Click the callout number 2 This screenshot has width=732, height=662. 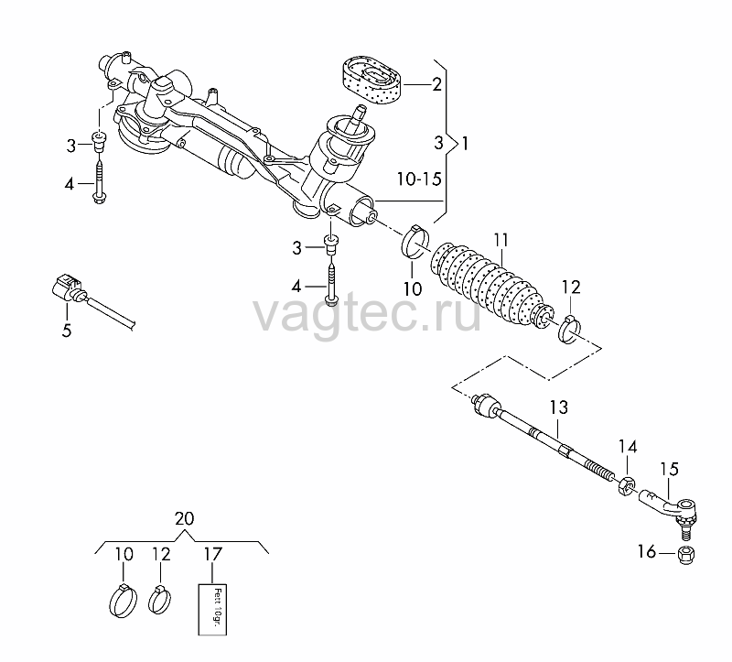click(436, 84)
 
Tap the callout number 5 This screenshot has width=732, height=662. click(67, 331)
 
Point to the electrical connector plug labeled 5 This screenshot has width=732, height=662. click(69, 288)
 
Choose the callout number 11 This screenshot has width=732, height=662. click(501, 241)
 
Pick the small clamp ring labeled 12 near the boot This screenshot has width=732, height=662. click(569, 330)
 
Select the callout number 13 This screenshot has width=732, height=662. click(558, 407)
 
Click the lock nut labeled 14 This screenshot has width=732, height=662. click(626, 486)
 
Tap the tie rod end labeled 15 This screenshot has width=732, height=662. click(670, 511)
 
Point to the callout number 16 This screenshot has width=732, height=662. click(647, 552)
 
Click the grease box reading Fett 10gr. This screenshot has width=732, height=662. click(213, 610)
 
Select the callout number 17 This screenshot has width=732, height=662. click(213, 555)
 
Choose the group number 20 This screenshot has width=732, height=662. click(184, 518)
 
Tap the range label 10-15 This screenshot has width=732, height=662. click(419, 179)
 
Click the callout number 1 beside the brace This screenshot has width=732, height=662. click(465, 144)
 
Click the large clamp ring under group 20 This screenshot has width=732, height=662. click(124, 601)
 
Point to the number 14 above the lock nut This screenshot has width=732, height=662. click(628, 447)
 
